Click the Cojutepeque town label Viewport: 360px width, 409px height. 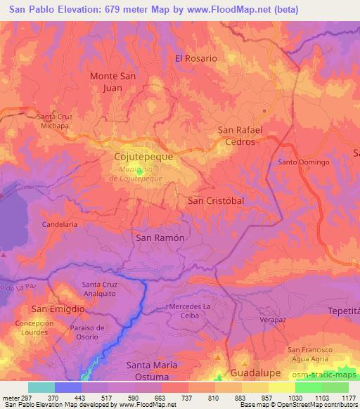143,158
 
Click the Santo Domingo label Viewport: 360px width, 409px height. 304,162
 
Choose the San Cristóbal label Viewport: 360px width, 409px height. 217,200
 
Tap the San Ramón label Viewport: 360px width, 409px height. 160,238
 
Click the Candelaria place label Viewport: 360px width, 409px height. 60,224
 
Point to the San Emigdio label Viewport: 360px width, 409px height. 58,309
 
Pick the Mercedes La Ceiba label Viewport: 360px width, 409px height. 190,311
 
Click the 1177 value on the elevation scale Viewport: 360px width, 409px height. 345,397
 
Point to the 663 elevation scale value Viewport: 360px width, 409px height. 161,397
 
